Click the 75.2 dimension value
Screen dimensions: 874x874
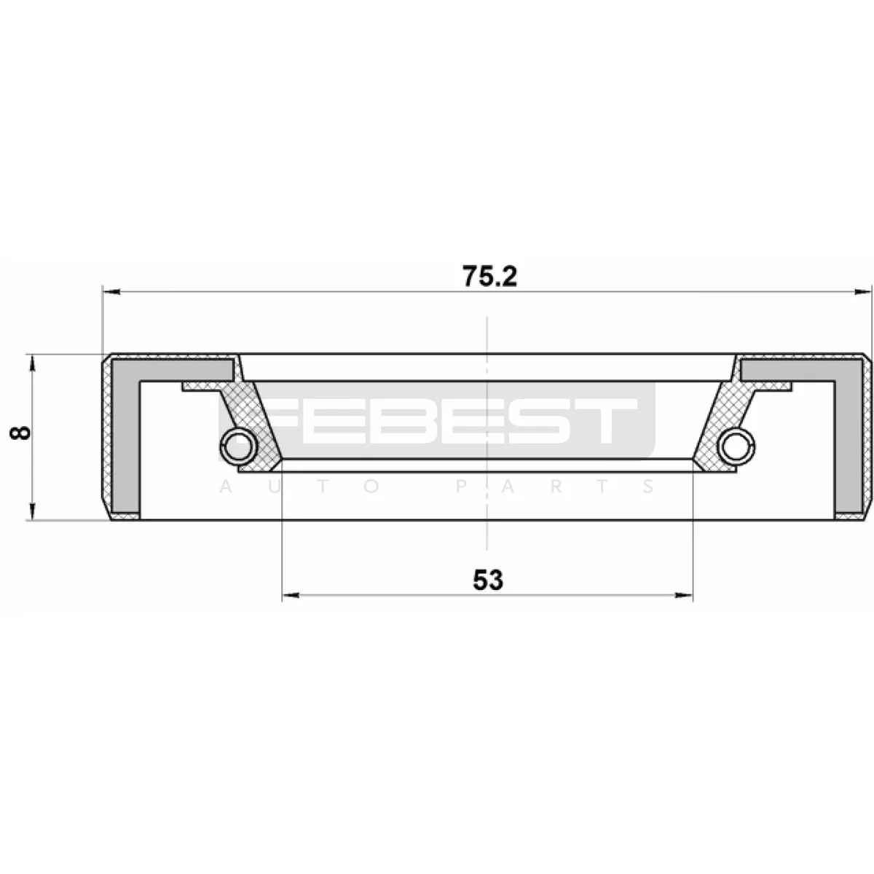[489, 276]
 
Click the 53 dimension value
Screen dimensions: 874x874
[488, 580]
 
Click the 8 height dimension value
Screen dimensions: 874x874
[20, 432]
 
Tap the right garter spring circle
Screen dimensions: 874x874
[737, 446]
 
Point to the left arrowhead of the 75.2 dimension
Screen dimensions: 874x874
[111, 292]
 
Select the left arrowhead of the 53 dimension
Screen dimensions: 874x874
[291, 595]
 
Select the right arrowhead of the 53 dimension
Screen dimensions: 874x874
[684, 595]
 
